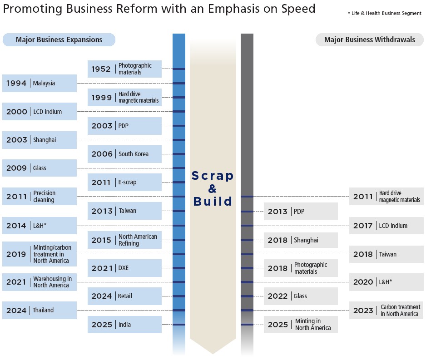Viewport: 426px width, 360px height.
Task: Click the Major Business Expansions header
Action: click(x=59, y=40)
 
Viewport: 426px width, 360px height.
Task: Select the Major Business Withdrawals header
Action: click(x=369, y=40)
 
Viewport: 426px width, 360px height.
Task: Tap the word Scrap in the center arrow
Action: click(x=213, y=176)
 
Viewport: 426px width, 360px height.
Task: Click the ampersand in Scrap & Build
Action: click(x=213, y=188)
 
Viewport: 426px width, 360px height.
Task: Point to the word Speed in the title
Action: click(x=296, y=9)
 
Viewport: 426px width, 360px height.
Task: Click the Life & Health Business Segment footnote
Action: click(x=384, y=14)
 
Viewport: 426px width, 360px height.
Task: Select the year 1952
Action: click(x=101, y=69)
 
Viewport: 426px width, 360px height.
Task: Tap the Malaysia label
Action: click(x=44, y=84)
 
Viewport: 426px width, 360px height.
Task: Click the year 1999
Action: click(x=101, y=98)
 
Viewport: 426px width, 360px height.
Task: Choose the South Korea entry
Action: click(x=134, y=154)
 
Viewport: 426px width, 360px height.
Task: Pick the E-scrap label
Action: click(x=128, y=182)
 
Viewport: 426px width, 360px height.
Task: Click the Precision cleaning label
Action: click(x=44, y=197)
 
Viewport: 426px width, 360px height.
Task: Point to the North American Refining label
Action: click(x=138, y=240)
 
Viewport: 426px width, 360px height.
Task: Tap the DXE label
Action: click(x=124, y=268)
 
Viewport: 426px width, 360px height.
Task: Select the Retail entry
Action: click(x=125, y=296)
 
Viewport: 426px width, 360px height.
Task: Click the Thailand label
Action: click(x=43, y=311)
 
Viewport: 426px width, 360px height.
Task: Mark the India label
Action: click(x=125, y=325)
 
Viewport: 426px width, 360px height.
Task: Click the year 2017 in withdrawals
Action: click(x=363, y=226)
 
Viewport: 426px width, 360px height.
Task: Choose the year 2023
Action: click(x=363, y=311)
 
